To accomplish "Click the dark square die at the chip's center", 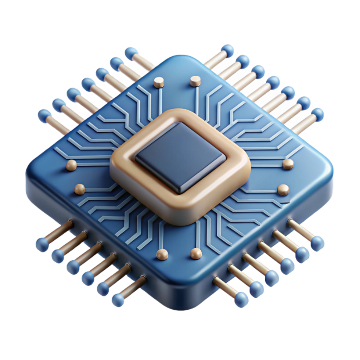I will click(180, 156).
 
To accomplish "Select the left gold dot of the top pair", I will click(159, 83).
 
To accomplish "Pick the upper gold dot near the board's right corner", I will click(288, 163).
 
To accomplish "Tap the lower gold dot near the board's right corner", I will click(283, 189).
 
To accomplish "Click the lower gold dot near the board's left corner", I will click(79, 189).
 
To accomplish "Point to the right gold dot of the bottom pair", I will click(196, 253).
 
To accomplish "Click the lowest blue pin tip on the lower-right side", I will click(241, 299).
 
